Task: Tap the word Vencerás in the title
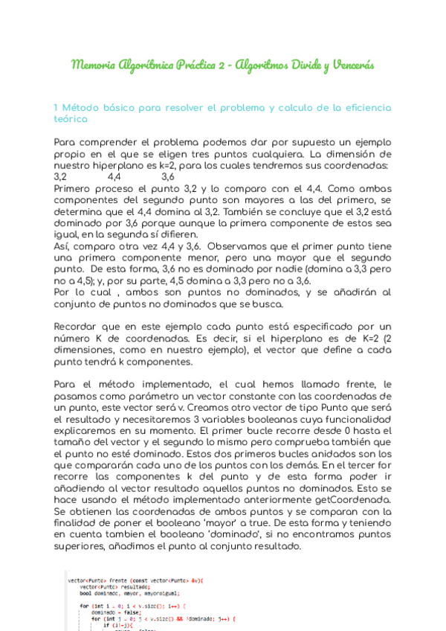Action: [x=349, y=65]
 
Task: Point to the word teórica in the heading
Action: [x=71, y=118]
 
